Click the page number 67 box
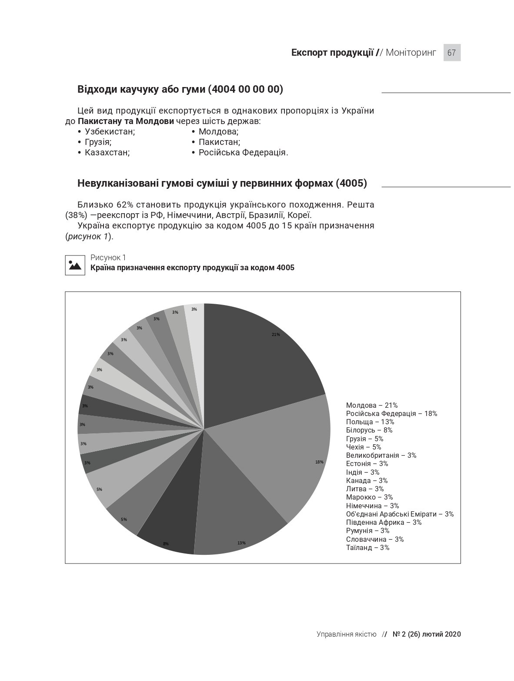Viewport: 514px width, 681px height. (x=451, y=53)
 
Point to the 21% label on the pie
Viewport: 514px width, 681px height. (x=276, y=335)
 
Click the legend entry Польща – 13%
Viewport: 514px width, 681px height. (x=370, y=422)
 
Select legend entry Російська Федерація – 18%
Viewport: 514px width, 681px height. (x=391, y=413)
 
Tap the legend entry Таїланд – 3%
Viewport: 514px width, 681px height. (x=367, y=547)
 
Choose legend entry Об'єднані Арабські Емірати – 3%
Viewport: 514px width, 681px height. (x=400, y=514)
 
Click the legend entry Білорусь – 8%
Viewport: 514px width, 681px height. (x=369, y=430)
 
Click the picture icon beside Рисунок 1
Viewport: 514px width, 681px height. (x=75, y=265)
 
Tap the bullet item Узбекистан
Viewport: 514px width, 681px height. (x=110, y=131)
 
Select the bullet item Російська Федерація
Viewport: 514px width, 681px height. (x=243, y=152)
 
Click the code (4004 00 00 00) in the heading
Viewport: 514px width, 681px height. (x=245, y=89)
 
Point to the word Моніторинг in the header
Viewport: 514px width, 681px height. (x=411, y=53)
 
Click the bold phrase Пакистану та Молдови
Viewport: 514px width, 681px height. (x=126, y=121)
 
